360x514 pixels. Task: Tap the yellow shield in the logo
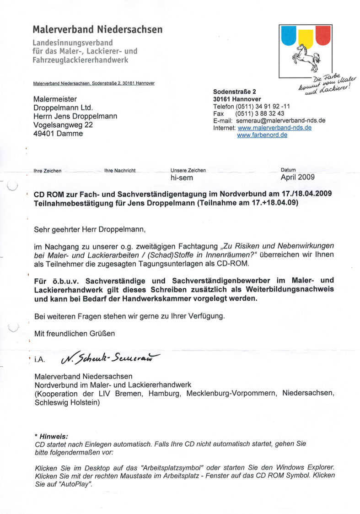(x=305, y=37)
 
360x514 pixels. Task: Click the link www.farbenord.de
(x=262, y=135)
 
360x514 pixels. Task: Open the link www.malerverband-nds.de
(x=274, y=128)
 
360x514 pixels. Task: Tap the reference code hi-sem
(x=182, y=178)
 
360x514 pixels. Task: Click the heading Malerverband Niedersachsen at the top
(x=97, y=30)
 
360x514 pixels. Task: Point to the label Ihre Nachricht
(x=120, y=171)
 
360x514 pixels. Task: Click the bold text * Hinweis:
(x=51, y=437)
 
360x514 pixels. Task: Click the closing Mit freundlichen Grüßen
(x=75, y=333)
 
